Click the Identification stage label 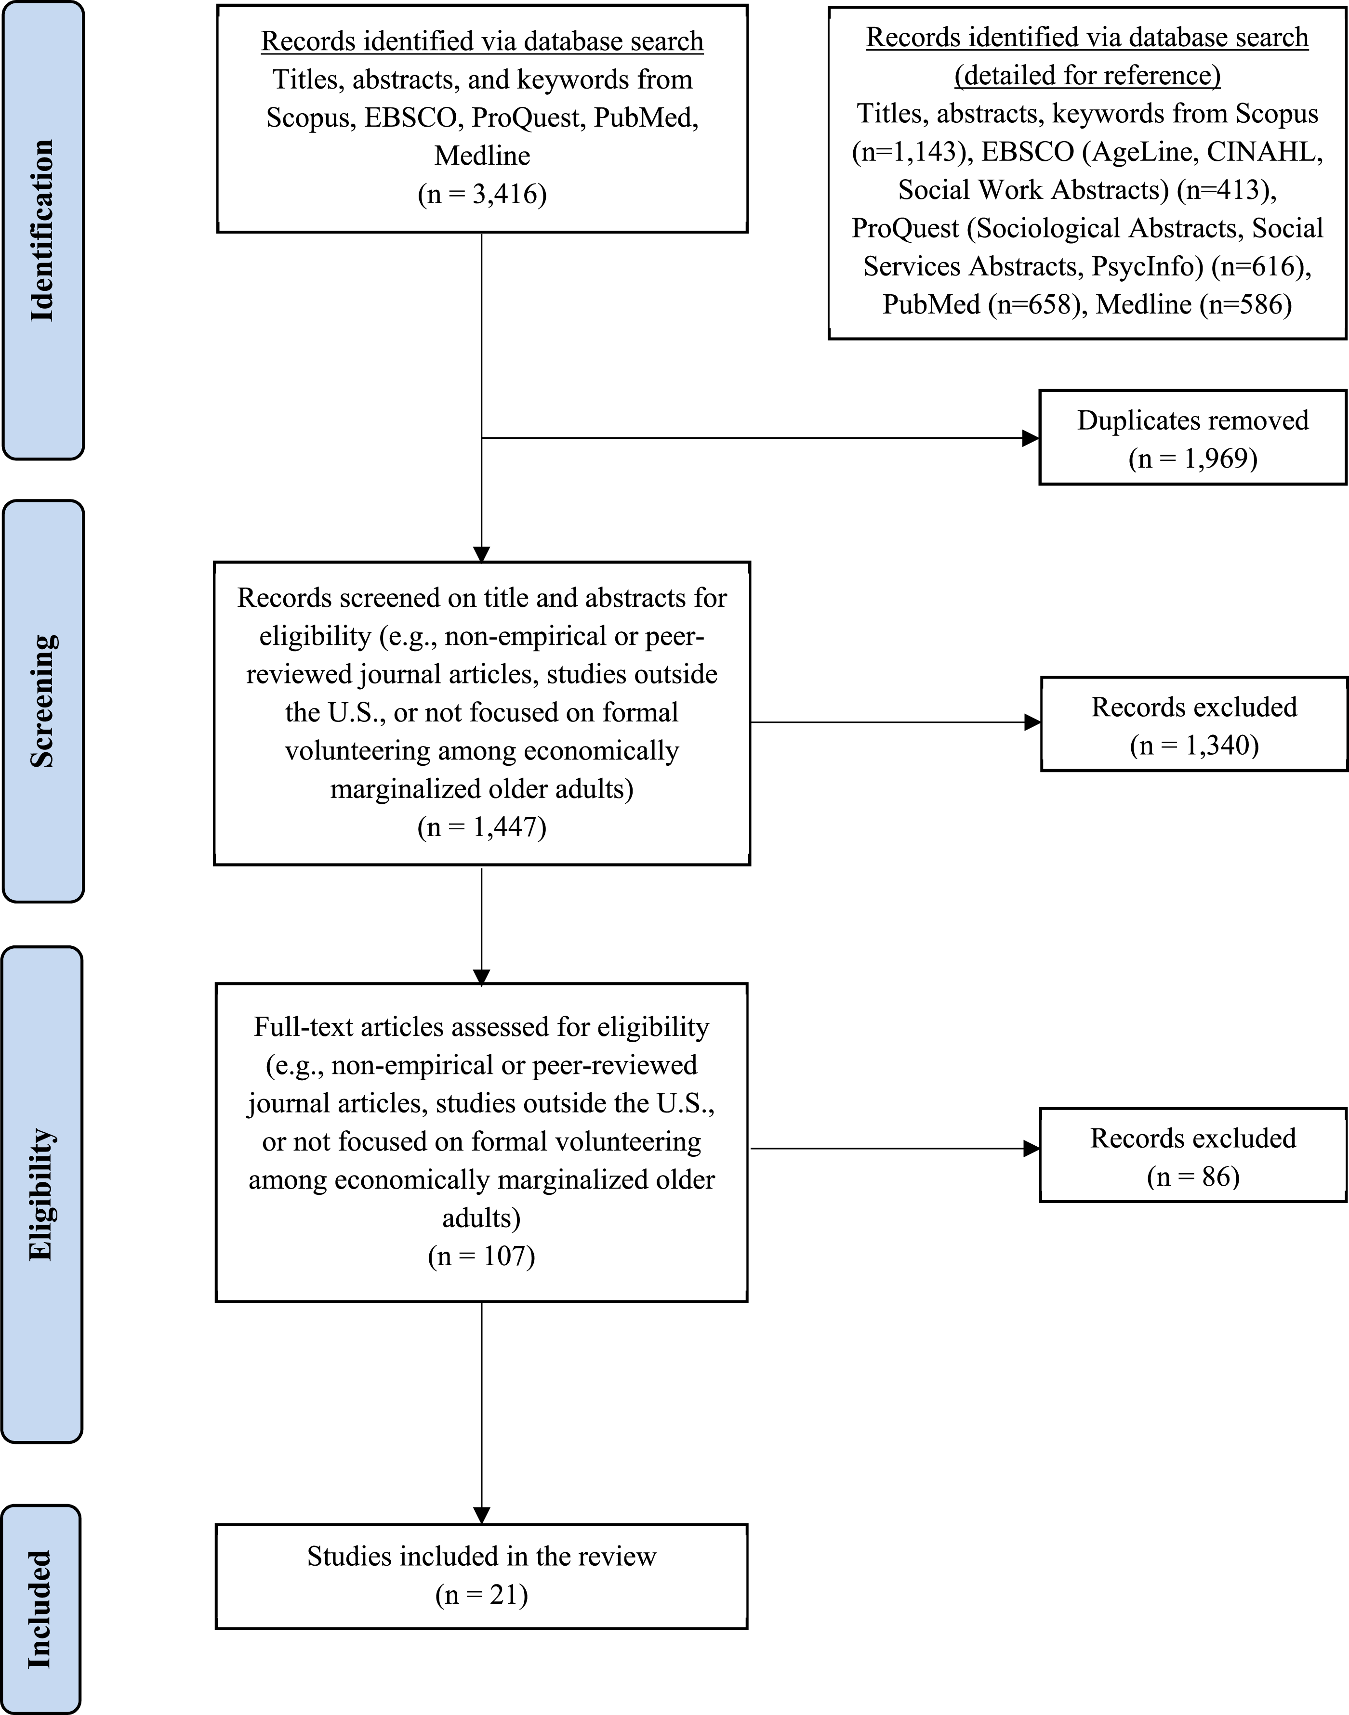tap(43, 231)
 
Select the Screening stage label tap(43, 701)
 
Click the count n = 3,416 tap(482, 194)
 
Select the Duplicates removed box tap(1192, 437)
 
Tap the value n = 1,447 tap(482, 827)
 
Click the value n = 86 tap(1192, 1177)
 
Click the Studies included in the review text tap(482, 1556)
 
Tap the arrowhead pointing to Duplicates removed tap(1031, 438)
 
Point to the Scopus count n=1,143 tap(911, 152)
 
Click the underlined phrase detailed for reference tap(1087, 76)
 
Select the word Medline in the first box tap(482, 156)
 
